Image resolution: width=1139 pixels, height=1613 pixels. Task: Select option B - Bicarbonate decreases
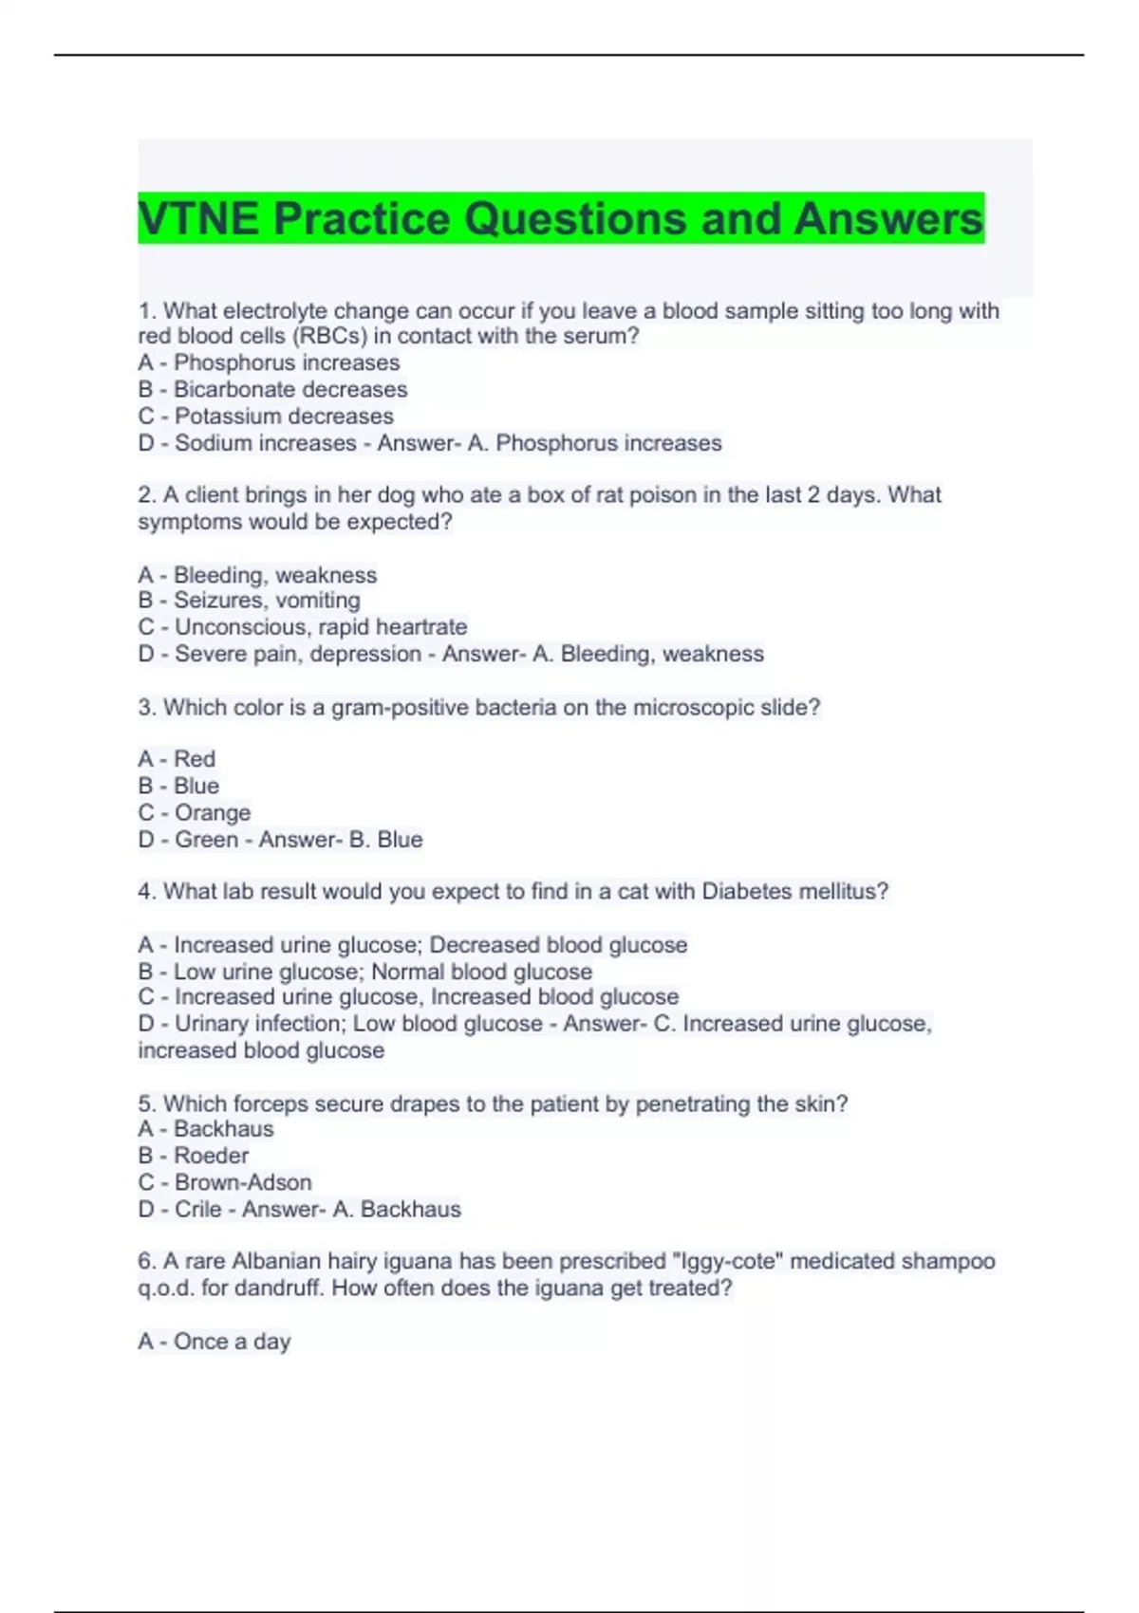(272, 389)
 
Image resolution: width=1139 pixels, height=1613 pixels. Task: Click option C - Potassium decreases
(266, 416)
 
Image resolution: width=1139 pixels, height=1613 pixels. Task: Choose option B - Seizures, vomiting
(250, 600)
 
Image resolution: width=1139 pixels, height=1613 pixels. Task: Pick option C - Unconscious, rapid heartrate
(303, 626)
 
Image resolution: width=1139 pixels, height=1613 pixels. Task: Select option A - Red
(177, 759)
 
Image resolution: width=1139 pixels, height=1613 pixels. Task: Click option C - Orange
(195, 812)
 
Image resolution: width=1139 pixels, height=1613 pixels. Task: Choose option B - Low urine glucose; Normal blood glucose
(365, 971)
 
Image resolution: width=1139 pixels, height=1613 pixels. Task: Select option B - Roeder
(194, 1156)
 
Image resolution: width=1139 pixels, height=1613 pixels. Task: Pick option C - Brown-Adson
(225, 1182)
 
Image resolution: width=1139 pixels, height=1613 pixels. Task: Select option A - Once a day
(215, 1341)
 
